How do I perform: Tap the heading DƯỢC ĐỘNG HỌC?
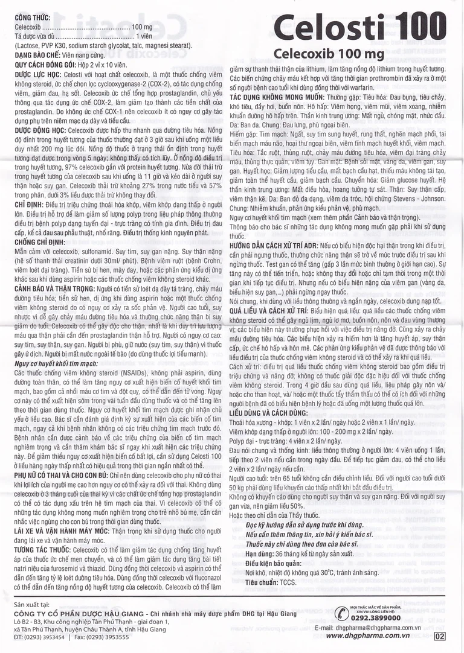[x=40, y=130]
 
